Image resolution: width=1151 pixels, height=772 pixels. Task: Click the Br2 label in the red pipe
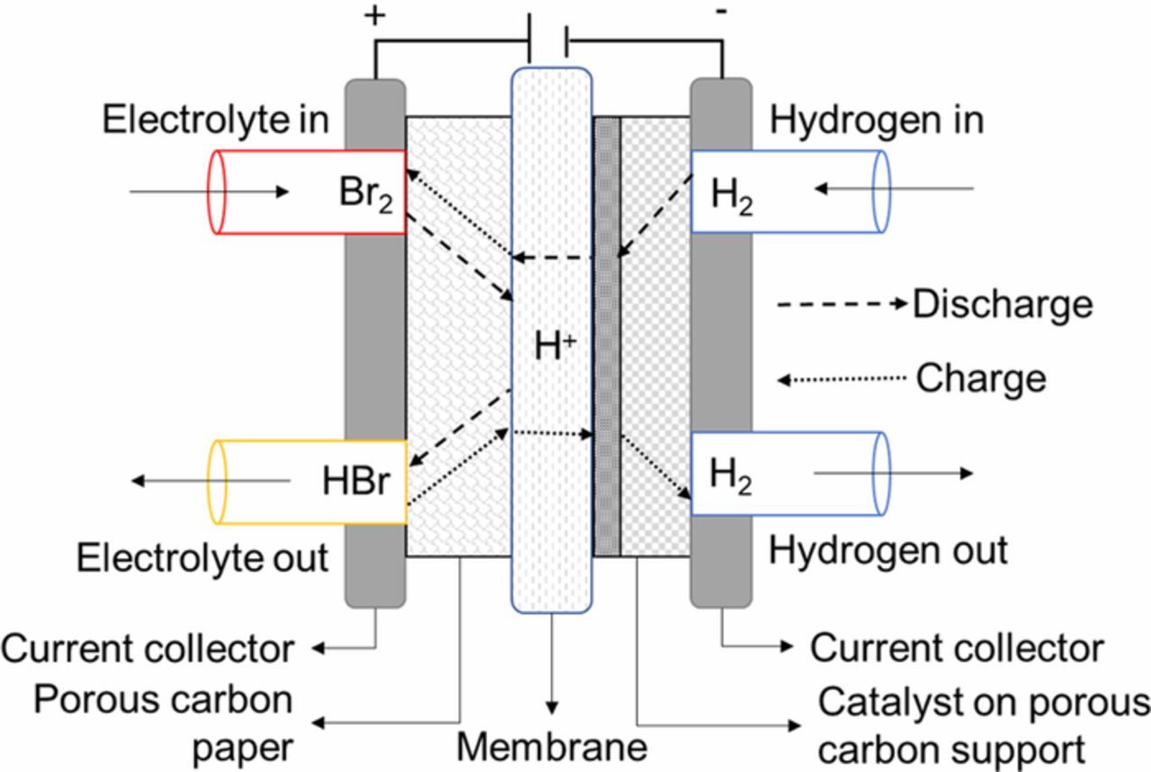[x=363, y=194]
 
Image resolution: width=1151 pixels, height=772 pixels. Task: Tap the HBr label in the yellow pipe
[x=355, y=482]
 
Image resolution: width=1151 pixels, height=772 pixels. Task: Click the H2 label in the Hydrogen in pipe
[x=732, y=194]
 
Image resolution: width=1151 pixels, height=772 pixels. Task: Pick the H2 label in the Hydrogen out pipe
[x=732, y=475]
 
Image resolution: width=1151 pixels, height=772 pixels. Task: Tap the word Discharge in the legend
[x=1002, y=305]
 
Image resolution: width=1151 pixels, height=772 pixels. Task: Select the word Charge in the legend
[x=980, y=378]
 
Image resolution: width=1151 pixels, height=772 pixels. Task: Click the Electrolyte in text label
[x=215, y=120]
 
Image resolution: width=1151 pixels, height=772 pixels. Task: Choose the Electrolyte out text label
[x=202, y=558]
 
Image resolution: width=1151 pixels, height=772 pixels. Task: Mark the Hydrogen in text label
[x=877, y=120]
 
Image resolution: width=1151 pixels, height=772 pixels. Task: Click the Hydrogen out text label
[x=888, y=550]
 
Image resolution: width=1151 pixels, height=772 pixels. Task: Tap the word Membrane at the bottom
[x=551, y=746]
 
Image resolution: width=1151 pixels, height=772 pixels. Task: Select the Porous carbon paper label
[x=163, y=723]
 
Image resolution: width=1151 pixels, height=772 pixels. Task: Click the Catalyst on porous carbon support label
[x=983, y=724]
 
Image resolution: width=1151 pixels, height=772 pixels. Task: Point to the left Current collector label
[x=147, y=648]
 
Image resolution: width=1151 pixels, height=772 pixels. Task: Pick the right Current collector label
[x=957, y=647]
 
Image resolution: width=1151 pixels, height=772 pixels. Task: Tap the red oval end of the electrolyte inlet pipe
[x=217, y=192]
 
